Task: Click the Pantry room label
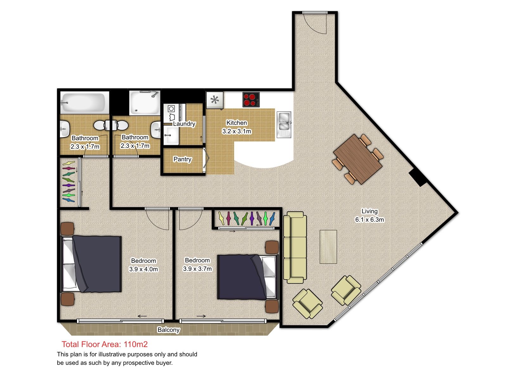[x=182, y=159]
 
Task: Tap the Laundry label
[x=184, y=124]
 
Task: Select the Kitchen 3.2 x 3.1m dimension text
[x=236, y=131]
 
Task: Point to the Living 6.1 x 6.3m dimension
[x=369, y=219]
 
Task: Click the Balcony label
[x=168, y=330]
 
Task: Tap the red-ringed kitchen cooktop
[x=251, y=99]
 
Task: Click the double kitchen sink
[x=284, y=124]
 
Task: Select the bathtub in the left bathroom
[x=85, y=102]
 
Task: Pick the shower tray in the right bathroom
[x=144, y=103]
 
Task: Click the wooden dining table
[x=357, y=159]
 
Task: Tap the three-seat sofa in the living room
[x=295, y=247]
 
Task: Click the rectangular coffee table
[x=328, y=247]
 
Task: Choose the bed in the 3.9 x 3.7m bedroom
[x=248, y=277]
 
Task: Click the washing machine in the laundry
[x=171, y=113]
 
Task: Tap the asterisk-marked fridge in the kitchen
[x=215, y=100]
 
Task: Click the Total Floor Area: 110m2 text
[x=104, y=344]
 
